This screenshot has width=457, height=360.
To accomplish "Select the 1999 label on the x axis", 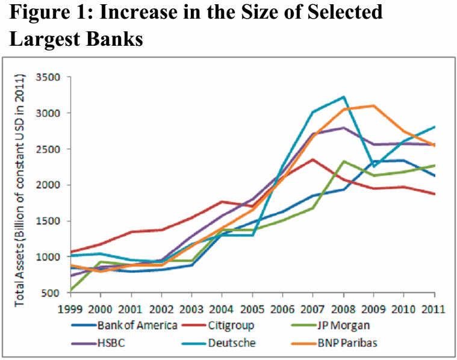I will point(70,309).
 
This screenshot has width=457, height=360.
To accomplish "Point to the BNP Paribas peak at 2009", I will point(374,105).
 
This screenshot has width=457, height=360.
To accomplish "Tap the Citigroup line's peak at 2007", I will point(313,160).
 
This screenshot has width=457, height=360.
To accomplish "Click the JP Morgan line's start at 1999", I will point(70,291).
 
